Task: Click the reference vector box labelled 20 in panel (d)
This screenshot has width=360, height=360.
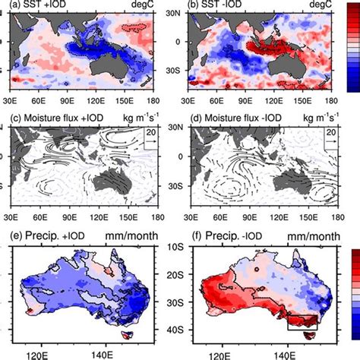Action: coord(325,142)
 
